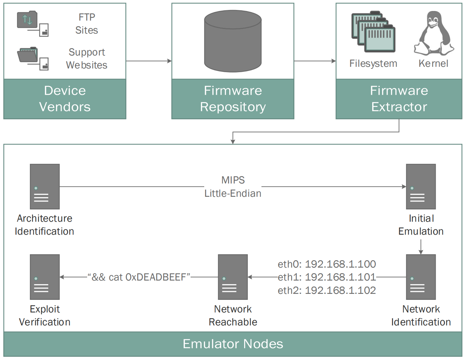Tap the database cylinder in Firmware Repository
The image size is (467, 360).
[233, 41]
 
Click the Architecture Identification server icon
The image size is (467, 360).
[45, 186]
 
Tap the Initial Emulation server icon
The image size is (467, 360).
[421, 186]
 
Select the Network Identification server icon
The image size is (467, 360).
[421, 277]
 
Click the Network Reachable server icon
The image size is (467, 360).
[233, 277]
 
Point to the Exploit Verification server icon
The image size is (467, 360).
[45, 277]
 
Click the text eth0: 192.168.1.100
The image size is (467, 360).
[327, 264]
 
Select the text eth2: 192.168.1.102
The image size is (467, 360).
[327, 290]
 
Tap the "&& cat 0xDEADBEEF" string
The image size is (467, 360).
[139, 277]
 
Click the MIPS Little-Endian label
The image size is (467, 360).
[233, 186]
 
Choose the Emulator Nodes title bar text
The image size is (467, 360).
[233, 344]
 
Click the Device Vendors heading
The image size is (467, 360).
[65, 99]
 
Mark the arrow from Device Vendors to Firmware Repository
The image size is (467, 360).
[149, 61]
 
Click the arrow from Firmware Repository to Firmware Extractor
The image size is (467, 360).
[315, 61]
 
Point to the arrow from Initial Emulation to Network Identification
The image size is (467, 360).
[421, 247]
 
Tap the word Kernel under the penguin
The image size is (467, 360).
[433, 63]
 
